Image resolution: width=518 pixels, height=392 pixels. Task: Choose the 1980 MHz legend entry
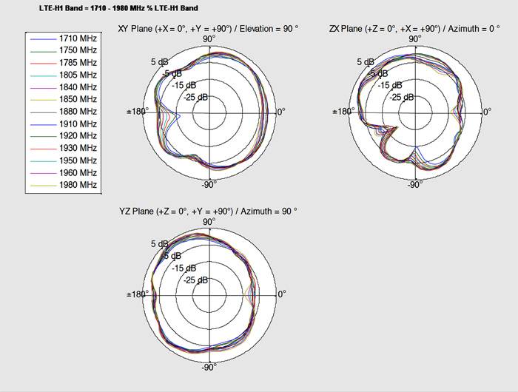tap(78, 185)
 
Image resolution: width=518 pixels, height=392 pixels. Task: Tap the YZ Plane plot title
tap(208, 212)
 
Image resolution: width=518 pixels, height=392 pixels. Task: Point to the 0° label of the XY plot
tap(280, 112)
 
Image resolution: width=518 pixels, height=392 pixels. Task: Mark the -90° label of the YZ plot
tap(209, 368)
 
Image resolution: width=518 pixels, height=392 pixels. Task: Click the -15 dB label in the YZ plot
tap(185, 268)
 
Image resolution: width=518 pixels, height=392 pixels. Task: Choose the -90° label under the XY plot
tap(209, 185)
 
